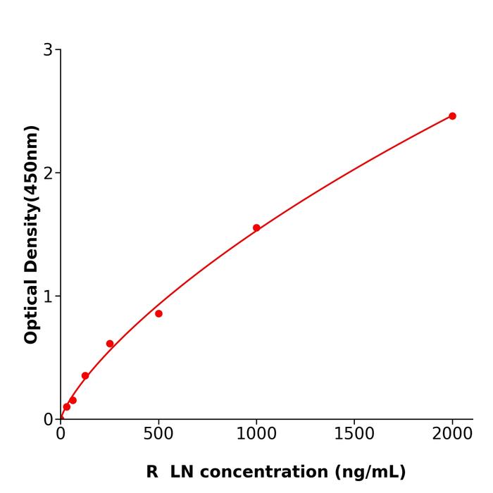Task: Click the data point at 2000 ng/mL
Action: [452, 116]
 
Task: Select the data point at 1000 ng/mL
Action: [256, 227]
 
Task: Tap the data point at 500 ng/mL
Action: [158, 313]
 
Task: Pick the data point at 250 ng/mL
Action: [110, 344]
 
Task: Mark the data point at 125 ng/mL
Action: [85, 375]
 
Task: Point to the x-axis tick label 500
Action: [158, 434]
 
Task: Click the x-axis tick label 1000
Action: [256, 434]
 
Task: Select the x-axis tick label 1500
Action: [354, 434]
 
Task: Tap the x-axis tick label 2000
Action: [452, 434]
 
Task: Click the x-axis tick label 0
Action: [61, 434]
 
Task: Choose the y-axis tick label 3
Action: [48, 50]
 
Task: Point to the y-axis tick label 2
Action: [48, 173]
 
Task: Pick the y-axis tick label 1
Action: [48, 297]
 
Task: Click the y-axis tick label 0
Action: [48, 420]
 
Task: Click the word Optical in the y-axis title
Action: [31, 311]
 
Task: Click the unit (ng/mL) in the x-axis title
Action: [370, 472]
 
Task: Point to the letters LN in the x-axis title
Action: [180, 472]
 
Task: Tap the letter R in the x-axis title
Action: [152, 472]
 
